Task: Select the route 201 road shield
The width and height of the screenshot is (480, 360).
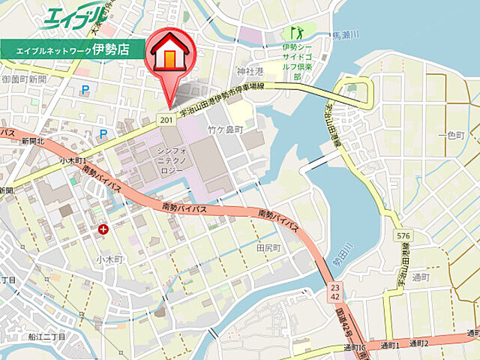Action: [x=166, y=120]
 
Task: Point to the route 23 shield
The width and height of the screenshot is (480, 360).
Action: [x=334, y=286]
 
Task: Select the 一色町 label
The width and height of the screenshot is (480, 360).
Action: [x=456, y=134]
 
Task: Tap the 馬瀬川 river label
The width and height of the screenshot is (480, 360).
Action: [x=346, y=35]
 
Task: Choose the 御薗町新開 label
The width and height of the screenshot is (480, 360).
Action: [x=24, y=79]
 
